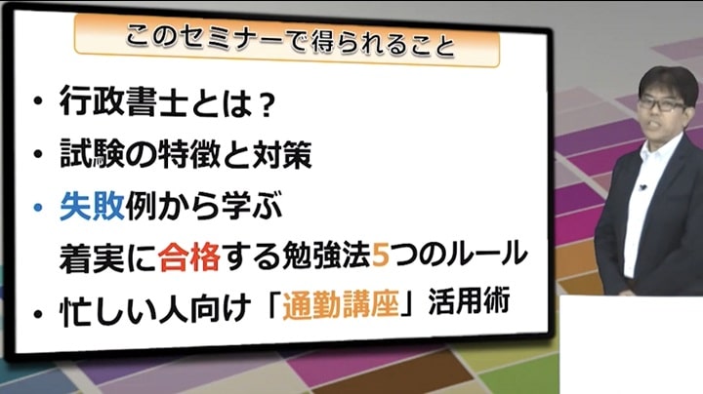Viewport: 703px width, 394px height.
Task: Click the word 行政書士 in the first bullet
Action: [123, 102]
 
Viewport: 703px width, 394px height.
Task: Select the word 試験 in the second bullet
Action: [92, 153]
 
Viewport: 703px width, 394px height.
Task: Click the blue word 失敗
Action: [92, 206]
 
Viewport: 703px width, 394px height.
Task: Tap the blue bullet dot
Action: [38, 208]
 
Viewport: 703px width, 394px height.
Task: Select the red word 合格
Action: [189, 257]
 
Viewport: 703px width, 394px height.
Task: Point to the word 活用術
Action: [469, 301]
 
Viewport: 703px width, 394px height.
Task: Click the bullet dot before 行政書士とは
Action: [38, 101]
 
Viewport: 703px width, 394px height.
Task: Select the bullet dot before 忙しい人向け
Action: [38, 313]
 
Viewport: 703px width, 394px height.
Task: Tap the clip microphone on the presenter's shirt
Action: [642, 187]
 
